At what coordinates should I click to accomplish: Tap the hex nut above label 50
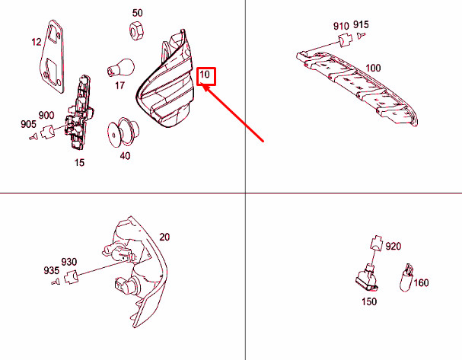(136, 30)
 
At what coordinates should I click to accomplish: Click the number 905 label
(29, 124)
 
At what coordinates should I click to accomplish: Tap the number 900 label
(46, 115)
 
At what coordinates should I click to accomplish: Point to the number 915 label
(361, 26)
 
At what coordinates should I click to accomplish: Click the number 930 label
(69, 262)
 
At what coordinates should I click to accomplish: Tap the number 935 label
(51, 270)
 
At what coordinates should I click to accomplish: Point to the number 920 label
(393, 246)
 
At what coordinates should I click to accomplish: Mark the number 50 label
(137, 13)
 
